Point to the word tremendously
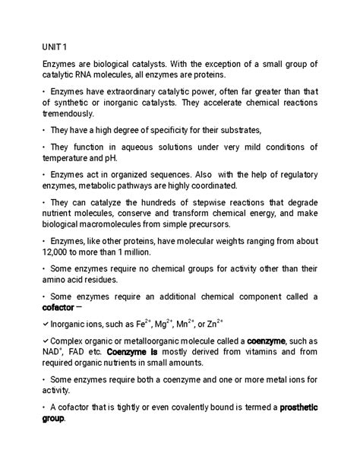tap(68, 114)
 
